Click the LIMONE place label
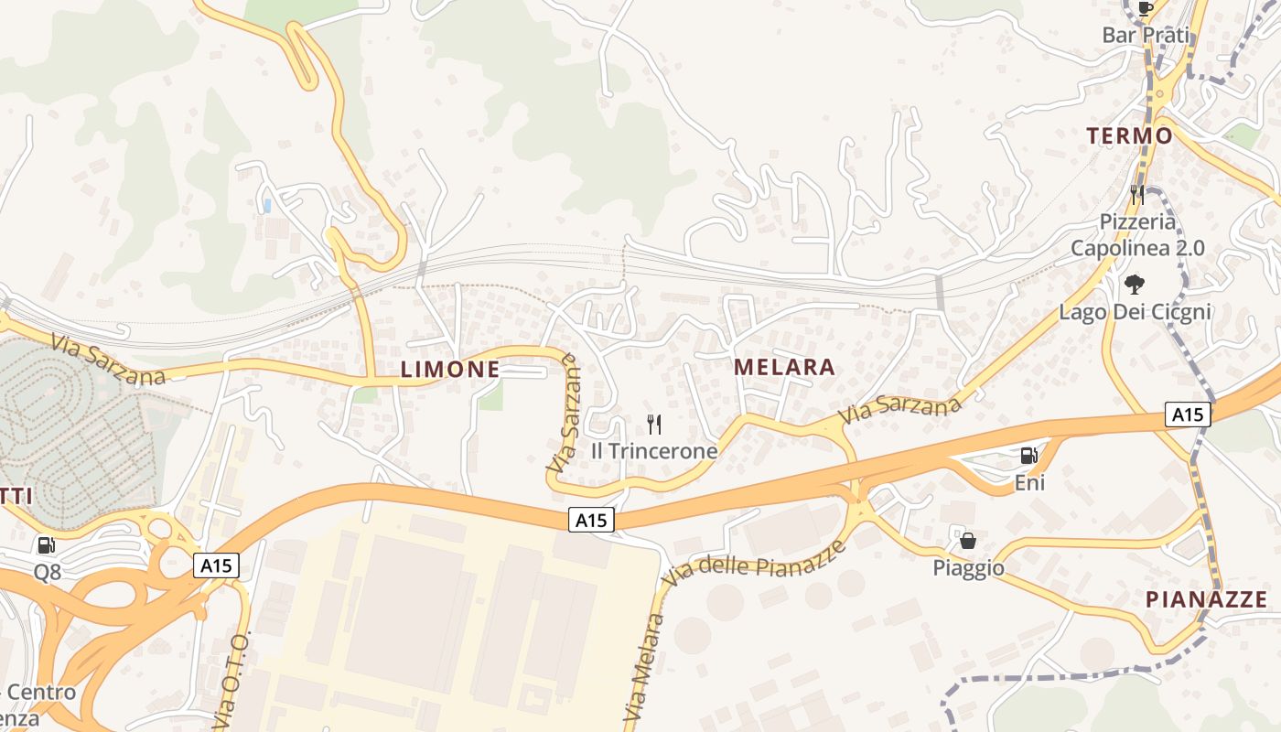(450, 370)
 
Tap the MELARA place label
(785, 368)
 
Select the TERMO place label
(1129, 136)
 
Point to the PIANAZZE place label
(1207, 600)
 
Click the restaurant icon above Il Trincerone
(654, 424)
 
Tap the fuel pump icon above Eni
(1029, 455)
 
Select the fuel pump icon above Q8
(46, 545)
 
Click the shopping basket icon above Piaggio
(968, 541)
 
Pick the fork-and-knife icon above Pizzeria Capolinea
(1137, 194)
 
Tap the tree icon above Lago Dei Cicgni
(1135, 284)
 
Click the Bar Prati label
(1146, 36)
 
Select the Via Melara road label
(646, 672)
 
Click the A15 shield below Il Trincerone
(591, 521)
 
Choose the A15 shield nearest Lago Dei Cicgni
(1188, 414)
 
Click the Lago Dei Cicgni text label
(1135, 312)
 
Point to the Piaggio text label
(968, 568)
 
